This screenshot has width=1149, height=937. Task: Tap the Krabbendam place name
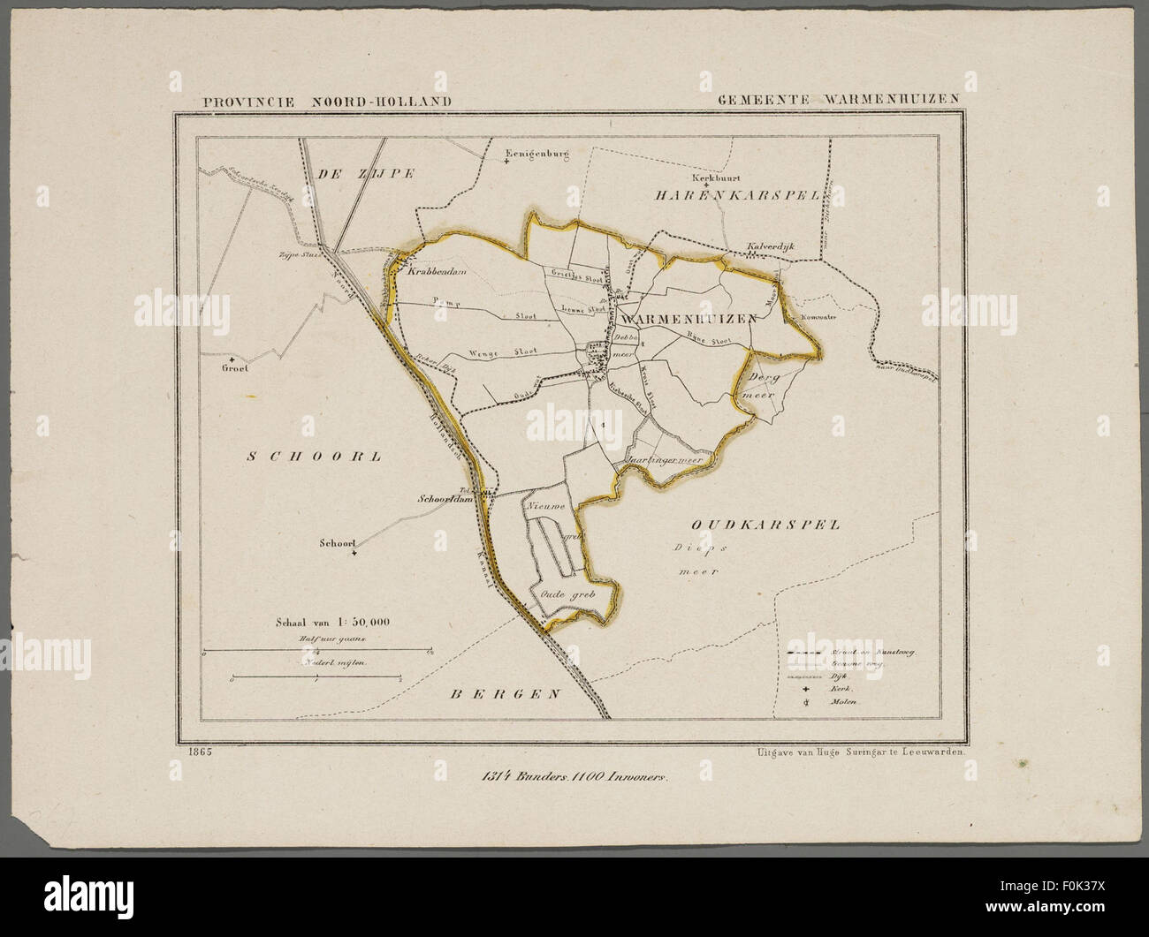[x=436, y=272]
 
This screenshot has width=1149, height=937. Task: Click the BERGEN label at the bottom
[x=506, y=693]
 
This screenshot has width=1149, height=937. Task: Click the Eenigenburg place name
[x=534, y=155]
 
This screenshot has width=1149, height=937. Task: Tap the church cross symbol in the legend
[x=807, y=685]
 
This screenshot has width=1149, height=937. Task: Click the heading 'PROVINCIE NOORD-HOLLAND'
[x=327, y=101]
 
